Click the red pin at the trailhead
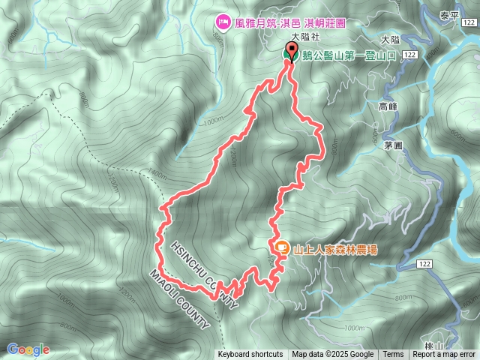tap(289, 54)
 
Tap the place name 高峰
tap(387, 107)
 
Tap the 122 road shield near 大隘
tap(409, 55)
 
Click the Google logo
tap(28, 349)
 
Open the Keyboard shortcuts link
tap(250, 355)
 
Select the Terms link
tap(393, 355)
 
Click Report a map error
tap(444, 355)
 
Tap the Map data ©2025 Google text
tap(333, 355)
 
